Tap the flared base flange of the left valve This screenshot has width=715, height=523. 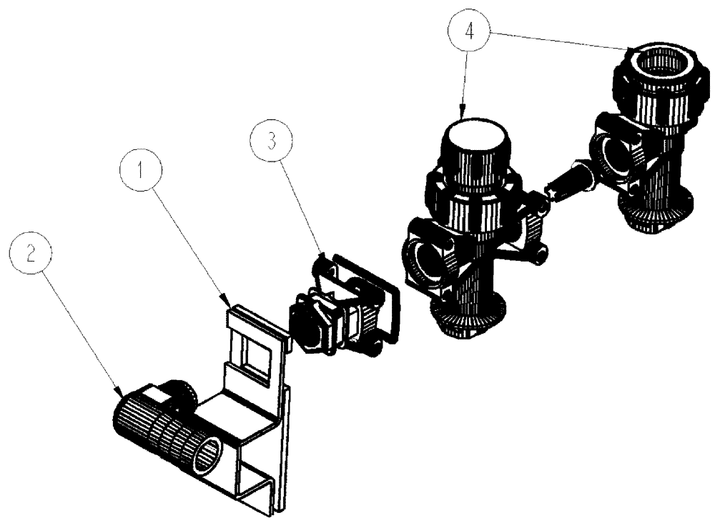click(x=470, y=318)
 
